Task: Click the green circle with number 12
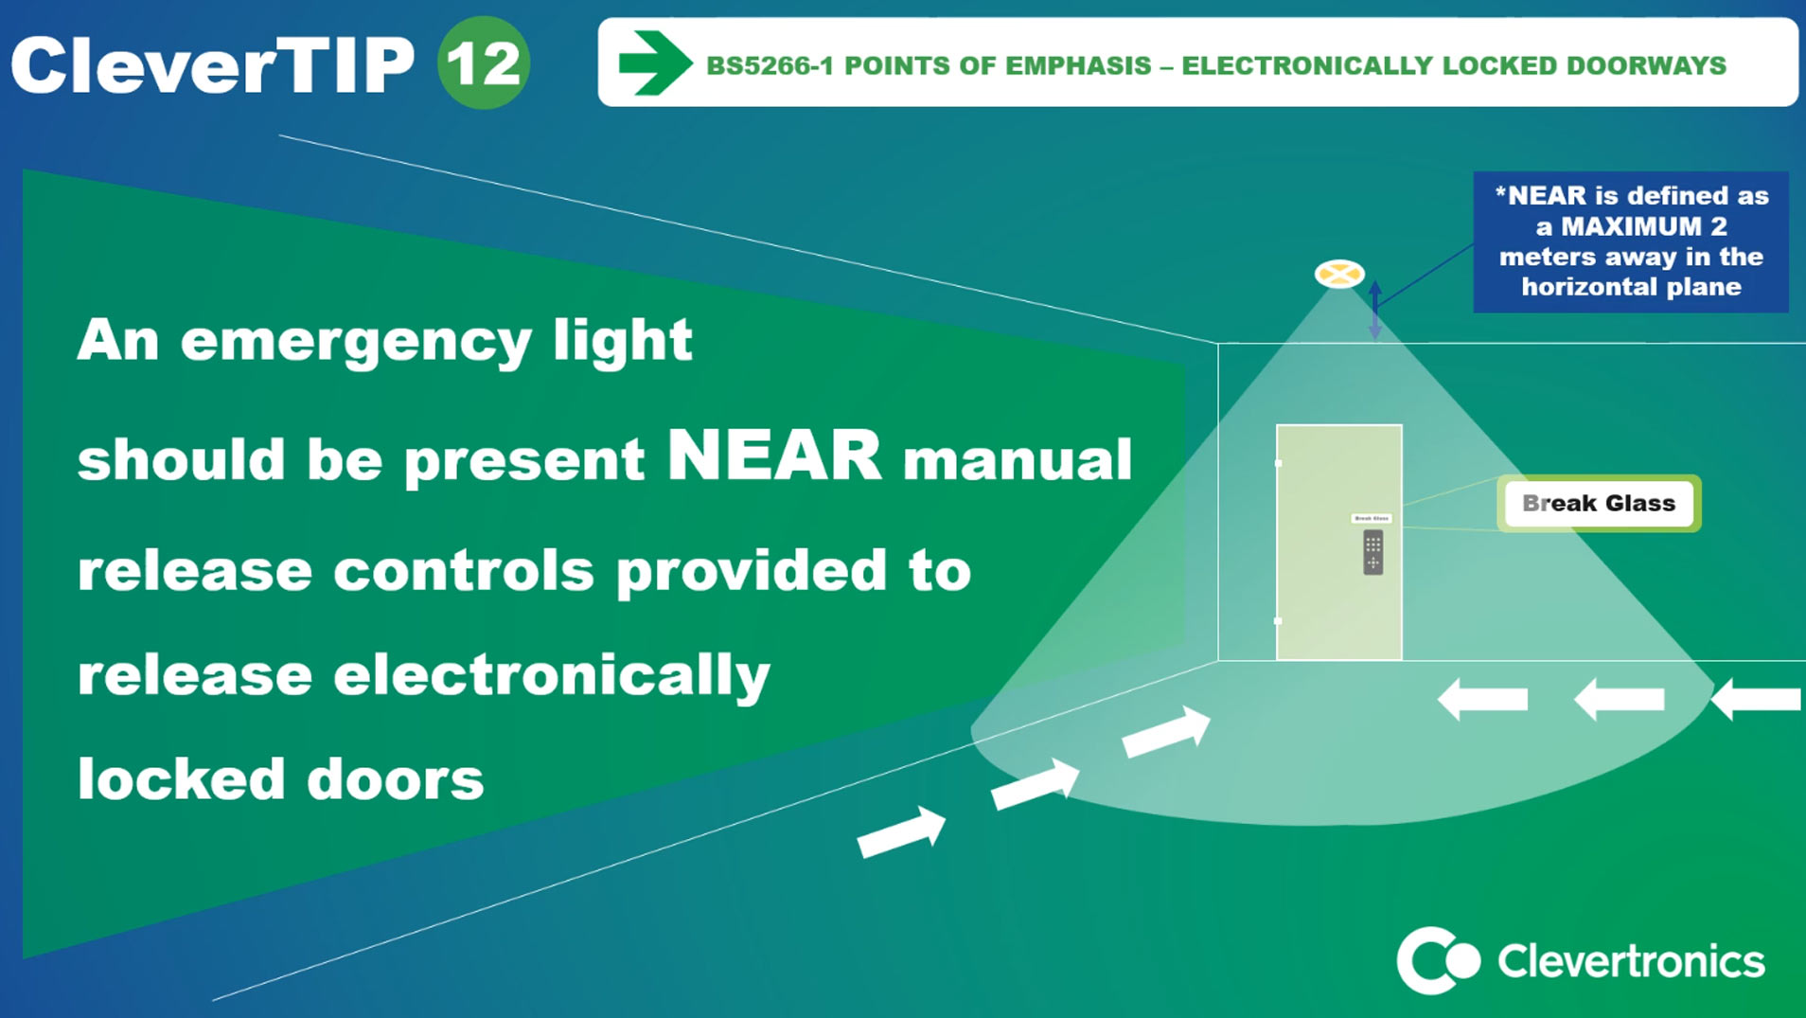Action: [484, 63]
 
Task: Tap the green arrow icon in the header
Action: [654, 63]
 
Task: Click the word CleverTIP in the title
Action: [213, 65]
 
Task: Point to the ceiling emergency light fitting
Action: [1339, 275]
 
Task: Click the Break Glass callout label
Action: [1598, 503]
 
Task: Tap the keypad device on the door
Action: [1372, 552]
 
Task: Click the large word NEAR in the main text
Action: [774, 456]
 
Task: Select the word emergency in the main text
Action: [356, 342]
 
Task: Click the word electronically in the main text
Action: [552, 675]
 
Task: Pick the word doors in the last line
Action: [395, 779]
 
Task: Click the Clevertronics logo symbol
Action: [1437, 960]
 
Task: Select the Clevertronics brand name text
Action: [1631, 961]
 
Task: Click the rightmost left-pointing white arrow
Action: [1757, 700]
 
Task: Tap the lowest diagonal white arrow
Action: [901, 832]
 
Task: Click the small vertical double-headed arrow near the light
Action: [1375, 309]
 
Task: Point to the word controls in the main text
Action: [464, 571]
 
